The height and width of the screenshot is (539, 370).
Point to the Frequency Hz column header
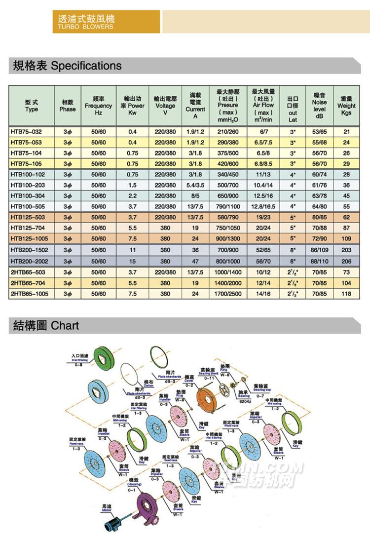point(98,106)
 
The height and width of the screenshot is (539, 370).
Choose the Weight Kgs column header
point(346,106)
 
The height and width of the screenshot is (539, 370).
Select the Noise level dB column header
point(319,106)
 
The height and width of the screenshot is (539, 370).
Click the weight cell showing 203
point(346,251)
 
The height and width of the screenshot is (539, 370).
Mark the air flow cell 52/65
point(263,251)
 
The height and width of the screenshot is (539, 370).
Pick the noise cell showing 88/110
point(319,262)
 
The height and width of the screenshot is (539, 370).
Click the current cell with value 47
point(195,262)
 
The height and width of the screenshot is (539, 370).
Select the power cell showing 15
point(132,262)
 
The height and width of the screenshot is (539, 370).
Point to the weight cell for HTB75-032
point(346,132)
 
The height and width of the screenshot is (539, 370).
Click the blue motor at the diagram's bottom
point(111,522)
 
